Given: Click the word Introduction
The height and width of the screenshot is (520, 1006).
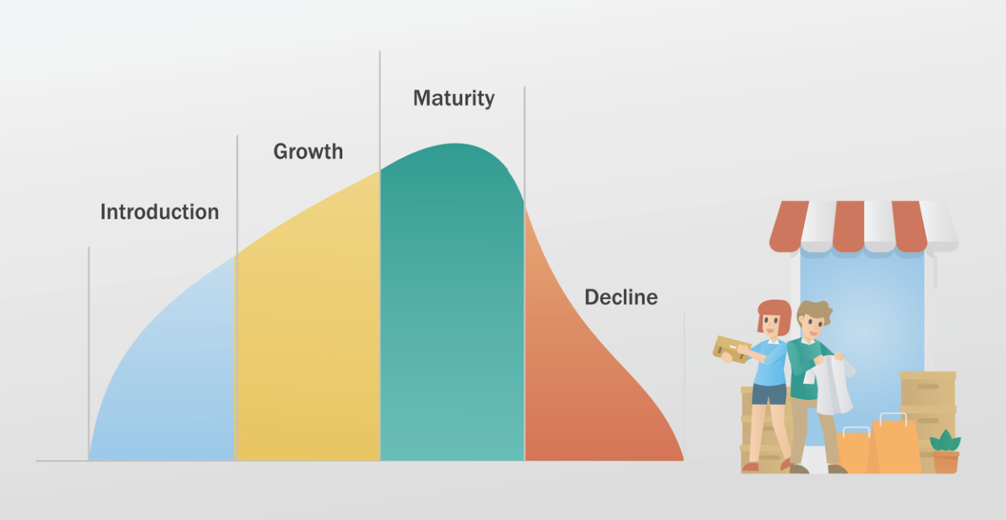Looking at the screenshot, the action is pos(159,211).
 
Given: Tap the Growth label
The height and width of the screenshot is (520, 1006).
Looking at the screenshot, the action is pos(309,152).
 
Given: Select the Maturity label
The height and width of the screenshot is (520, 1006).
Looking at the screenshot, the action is pos(454,98).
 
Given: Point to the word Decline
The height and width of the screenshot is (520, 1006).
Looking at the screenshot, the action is pos(621,298).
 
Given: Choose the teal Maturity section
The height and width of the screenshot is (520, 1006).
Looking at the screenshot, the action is pos(452,305).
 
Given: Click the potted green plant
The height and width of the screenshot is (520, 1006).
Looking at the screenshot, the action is pos(946,451).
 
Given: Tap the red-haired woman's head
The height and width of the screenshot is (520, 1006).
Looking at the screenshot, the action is pos(773,317).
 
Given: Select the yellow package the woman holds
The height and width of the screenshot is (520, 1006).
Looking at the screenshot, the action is pos(731,349).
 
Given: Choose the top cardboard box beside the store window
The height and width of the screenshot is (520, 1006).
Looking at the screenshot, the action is pos(928,388).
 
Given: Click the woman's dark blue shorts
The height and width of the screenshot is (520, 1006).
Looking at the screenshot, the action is pos(769,394).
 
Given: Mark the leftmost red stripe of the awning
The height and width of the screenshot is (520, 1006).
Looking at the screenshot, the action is pos(788,226).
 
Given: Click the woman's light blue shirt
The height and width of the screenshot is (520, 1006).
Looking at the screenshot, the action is pos(769,362).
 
